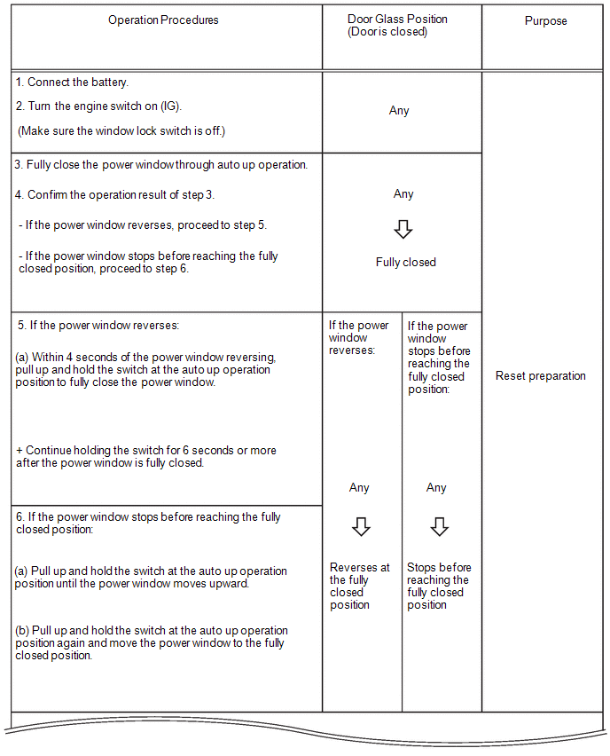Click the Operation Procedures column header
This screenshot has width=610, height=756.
point(163,20)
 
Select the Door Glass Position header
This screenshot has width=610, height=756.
point(397,25)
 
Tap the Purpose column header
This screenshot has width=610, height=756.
point(545,21)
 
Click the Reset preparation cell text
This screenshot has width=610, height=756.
point(540,376)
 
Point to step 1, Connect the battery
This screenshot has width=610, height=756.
point(72,83)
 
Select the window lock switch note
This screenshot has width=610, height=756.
point(121,131)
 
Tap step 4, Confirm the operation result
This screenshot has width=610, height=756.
point(114,195)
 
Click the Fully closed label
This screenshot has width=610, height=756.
point(405,263)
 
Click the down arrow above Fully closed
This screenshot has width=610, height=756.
point(403,229)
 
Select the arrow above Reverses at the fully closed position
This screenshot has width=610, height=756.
point(360,527)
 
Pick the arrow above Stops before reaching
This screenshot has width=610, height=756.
point(439,527)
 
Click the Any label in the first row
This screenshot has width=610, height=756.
point(399,112)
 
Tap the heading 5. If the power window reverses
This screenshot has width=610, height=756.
point(98,326)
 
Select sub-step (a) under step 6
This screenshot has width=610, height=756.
point(151,577)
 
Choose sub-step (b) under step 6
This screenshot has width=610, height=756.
point(151,642)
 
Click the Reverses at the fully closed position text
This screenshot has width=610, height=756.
point(359,586)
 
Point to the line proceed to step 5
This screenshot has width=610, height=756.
point(142,225)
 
